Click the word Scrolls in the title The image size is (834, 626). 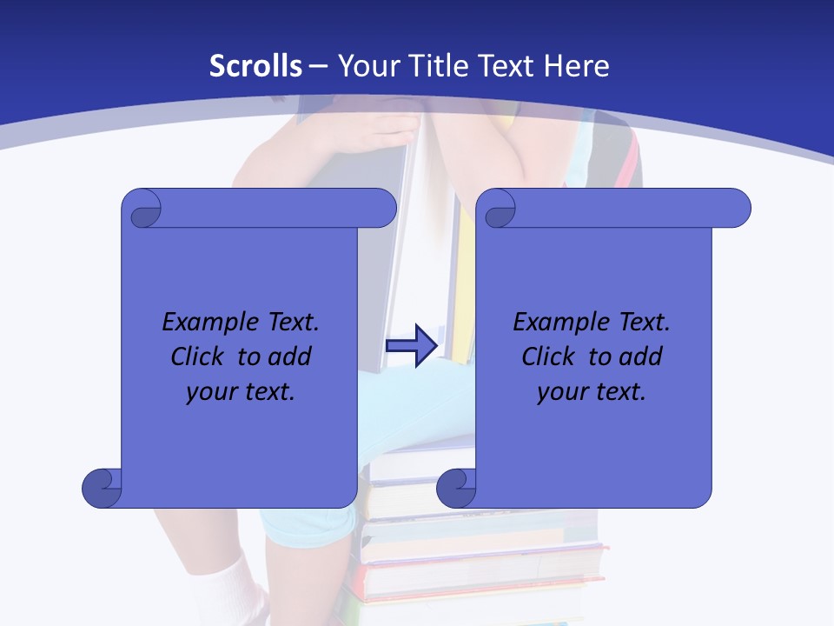pos(255,66)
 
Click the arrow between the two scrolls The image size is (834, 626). pos(411,346)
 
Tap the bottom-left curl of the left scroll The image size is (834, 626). pos(103,489)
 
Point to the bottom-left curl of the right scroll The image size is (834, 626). pos(457,489)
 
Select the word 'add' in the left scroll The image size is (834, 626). pos(289,356)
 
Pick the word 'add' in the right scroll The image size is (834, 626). pos(640,356)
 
